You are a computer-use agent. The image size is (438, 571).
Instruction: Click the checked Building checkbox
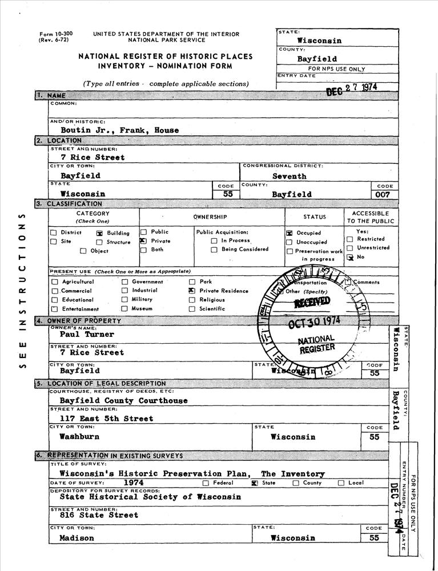(99, 233)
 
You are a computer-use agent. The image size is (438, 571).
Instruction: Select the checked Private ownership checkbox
(143, 241)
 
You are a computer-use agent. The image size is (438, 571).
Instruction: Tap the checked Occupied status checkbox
(289, 233)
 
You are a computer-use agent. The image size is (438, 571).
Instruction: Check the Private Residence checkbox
(192, 291)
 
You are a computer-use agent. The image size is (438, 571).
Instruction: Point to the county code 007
(383, 194)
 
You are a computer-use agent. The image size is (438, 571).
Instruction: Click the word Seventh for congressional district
(289, 176)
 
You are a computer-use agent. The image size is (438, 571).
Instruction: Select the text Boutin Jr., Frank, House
(119, 130)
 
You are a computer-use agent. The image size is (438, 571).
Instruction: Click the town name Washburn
(79, 436)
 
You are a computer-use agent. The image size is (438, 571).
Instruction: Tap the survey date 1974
(133, 482)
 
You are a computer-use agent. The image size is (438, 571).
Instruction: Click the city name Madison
(77, 538)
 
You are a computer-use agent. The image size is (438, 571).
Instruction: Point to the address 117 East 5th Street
(107, 419)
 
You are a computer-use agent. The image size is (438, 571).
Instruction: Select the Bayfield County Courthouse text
(124, 400)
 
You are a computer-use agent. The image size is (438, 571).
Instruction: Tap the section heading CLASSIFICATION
(74, 204)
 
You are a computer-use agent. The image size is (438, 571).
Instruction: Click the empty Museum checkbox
(124, 309)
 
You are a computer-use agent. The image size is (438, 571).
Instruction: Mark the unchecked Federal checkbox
(206, 483)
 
